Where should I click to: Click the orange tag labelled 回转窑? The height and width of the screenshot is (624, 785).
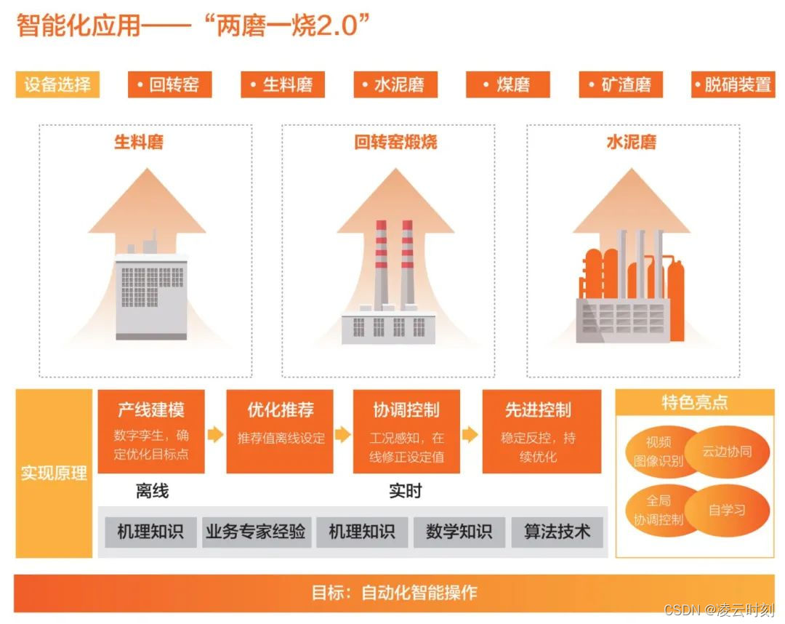click(169, 85)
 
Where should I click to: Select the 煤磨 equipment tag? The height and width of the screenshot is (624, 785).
click(508, 85)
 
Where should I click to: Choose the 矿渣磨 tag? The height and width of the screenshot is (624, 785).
click(621, 85)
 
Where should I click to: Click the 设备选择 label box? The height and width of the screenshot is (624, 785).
click(57, 85)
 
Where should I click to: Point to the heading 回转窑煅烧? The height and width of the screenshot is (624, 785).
click(395, 142)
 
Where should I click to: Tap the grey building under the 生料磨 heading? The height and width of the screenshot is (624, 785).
click(151, 295)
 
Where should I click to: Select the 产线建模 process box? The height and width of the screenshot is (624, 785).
click(151, 431)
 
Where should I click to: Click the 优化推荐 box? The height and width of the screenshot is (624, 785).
click(280, 431)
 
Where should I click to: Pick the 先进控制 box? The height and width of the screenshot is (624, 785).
click(538, 431)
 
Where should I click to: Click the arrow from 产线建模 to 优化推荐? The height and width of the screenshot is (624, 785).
click(215, 435)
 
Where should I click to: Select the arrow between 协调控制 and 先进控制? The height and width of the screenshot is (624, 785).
click(470, 435)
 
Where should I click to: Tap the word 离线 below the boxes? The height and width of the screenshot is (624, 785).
click(152, 492)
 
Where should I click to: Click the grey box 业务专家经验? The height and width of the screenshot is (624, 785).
click(255, 532)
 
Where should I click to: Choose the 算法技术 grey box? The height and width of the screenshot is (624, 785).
click(557, 532)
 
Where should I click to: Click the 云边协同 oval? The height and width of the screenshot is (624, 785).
click(726, 451)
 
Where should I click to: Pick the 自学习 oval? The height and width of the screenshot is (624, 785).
click(727, 509)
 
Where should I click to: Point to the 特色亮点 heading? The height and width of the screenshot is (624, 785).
click(694, 402)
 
